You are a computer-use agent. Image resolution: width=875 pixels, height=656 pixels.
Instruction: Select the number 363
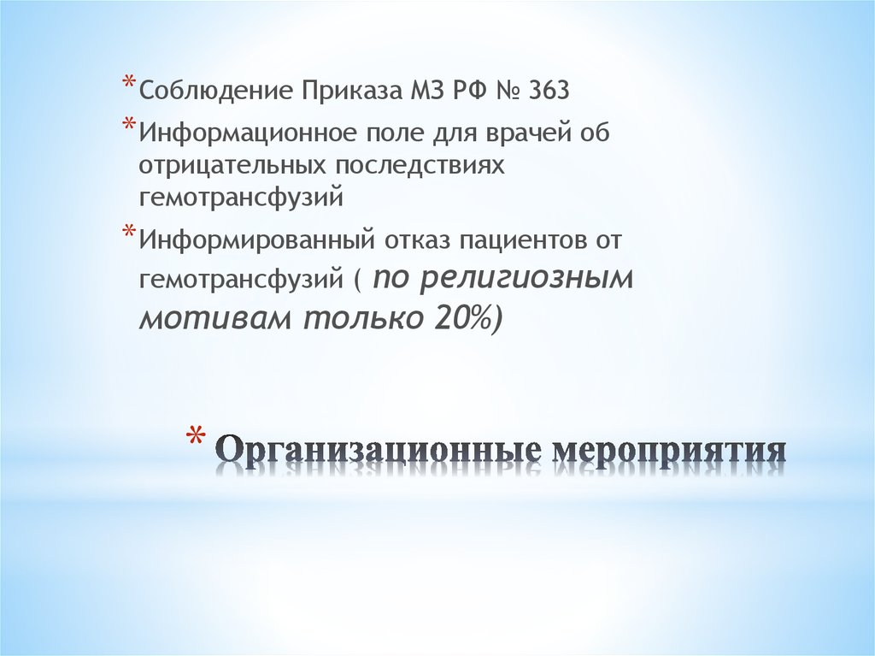pyautogui.click(x=548, y=91)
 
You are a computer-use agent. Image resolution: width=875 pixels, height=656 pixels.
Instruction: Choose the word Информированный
pyautogui.click(x=253, y=240)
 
